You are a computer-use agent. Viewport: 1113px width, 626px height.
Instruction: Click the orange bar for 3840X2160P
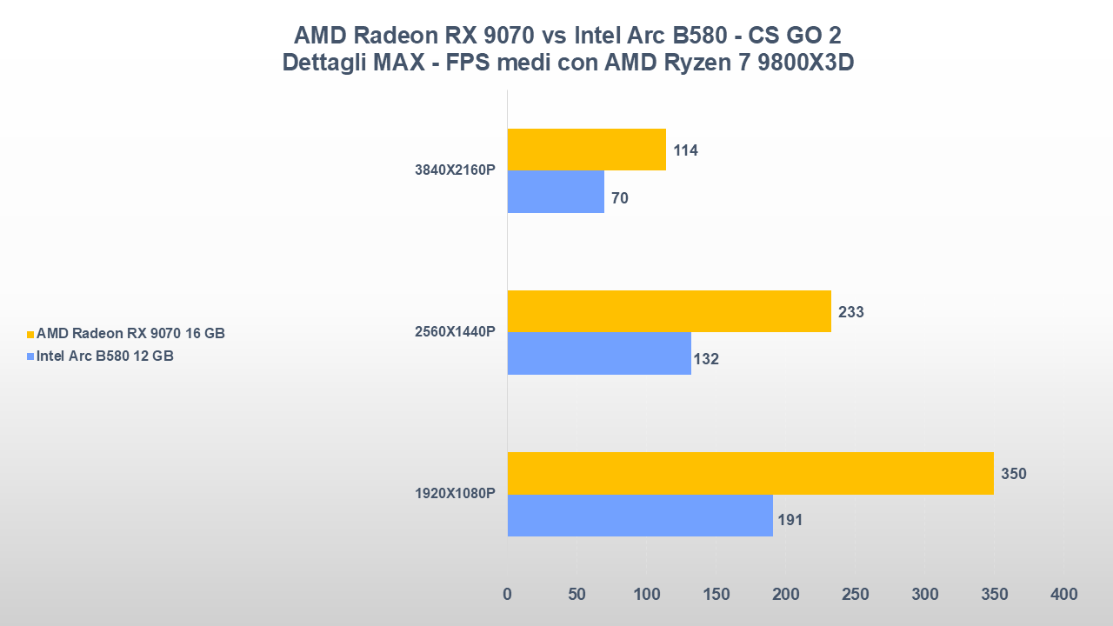tap(586, 150)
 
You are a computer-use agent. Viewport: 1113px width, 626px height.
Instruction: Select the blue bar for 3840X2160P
tap(556, 191)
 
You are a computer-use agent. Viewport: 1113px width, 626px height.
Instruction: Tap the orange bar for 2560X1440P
tap(669, 311)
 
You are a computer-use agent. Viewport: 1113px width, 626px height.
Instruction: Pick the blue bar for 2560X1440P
tap(599, 353)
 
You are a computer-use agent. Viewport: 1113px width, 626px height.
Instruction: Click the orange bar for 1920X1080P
tap(750, 474)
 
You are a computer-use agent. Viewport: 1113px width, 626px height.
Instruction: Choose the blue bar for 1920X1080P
tap(640, 516)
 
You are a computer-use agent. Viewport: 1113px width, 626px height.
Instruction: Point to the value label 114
tap(685, 150)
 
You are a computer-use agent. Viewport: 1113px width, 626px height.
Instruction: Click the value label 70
tap(620, 198)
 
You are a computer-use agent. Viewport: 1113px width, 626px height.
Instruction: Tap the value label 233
tap(850, 312)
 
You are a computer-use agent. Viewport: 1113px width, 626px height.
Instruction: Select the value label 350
tap(1013, 474)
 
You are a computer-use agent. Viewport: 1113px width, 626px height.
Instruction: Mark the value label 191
tap(790, 521)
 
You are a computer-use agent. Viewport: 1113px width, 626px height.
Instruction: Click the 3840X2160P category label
tap(455, 170)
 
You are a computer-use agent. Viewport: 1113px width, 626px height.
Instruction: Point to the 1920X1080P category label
tap(455, 494)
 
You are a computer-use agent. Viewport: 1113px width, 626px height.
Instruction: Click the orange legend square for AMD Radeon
tap(30, 334)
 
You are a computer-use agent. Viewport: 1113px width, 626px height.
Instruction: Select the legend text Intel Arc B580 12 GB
tap(105, 356)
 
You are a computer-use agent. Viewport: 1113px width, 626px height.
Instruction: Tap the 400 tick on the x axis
tap(1063, 595)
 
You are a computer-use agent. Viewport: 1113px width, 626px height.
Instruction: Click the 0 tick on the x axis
tap(508, 595)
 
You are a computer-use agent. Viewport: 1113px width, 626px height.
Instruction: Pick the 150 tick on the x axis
tap(716, 595)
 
